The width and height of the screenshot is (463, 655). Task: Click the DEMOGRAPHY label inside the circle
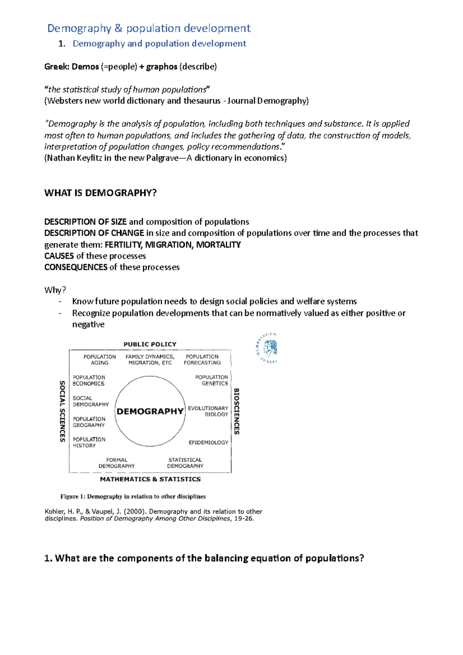pyautogui.click(x=150, y=411)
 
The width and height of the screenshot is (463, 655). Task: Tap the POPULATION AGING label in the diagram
pyautogui.click(x=100, y=360)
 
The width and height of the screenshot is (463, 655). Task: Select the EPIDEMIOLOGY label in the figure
pyautogui.click(x=208, y=442)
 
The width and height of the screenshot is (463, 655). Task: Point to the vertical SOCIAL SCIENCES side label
pyautogui.click(x=62, y=411)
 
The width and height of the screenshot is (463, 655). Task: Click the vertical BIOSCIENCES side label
pyautogui.click(x=237, y=411)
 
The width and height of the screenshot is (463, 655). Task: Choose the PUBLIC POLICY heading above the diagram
pyautogui.click(x=150, y=344)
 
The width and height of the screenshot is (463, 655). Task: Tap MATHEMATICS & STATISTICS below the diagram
pyautogui.click(x=150, y=479)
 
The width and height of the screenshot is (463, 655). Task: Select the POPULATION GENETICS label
pyautogui.click(x=211, y=380)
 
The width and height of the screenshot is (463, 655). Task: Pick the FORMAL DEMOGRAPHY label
pyautogui.click(x=117, y=463)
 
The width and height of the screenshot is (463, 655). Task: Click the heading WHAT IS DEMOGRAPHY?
pyautogui.click(x=100, y=193)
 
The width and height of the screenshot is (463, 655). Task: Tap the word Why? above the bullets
pyautogui.click(x=55, y=290)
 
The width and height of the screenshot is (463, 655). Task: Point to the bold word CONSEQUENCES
pyautogui.click(x=76, y=267)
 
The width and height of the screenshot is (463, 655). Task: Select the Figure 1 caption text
pyautogui.click(x=133, y=496)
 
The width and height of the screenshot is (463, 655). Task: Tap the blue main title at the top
pyautogui.click(x=149, y=28)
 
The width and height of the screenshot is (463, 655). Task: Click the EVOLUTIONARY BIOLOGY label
pyautogui.click(x=208, y=411)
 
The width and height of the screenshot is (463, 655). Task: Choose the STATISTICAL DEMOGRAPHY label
pyautogui.click(x=185, y=463)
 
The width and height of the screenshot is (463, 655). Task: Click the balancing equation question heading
pyautogui.click(x=204, y=558)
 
